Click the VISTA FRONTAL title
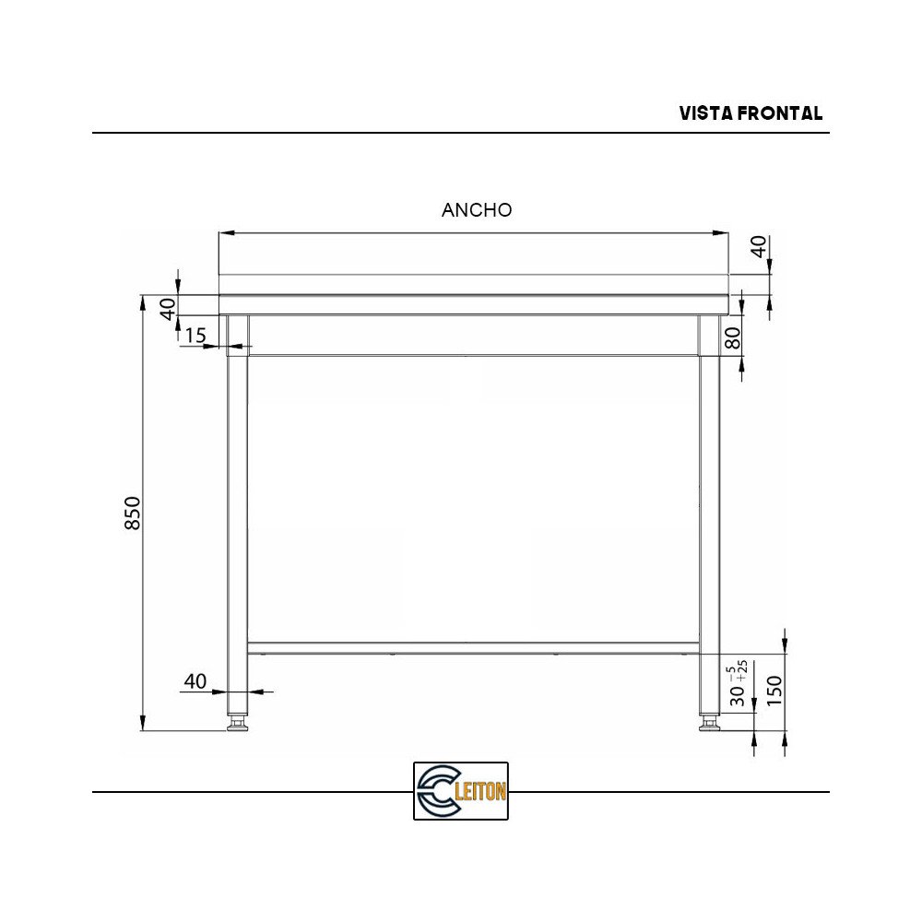click(x=751, y=113)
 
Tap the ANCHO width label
click(x=477, y=210)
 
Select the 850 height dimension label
click(x=133, y=513)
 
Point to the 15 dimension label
click(x=195, y=336)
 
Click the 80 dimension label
click(x=734, y=338)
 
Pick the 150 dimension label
click(x=774, y=690)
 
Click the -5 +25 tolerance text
click(x=738, y=669)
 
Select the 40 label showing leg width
click(x=195, y=681)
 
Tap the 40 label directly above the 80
click(x=758, y=246)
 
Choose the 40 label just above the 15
click(x=168, y=308)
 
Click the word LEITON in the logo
click(x=481, y=791)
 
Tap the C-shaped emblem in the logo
click(x=437, y=791)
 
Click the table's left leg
click(x=238, y=516)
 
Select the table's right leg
click(x=709, y=516)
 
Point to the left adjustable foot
click(x=238, y=724)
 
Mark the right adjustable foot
click(x=709, y=724)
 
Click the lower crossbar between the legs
click(x=473, y=647)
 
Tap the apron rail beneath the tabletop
click(x=473, y=335)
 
